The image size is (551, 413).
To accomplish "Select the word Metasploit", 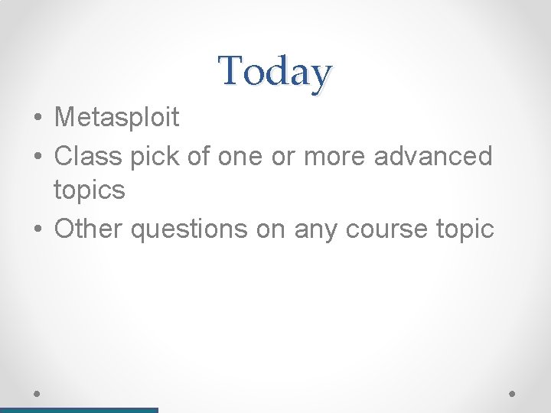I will tap(117, 117).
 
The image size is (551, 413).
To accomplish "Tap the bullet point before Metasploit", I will tap(37, 118).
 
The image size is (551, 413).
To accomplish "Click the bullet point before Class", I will tap(37, 157).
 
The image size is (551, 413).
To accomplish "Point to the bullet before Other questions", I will tap(37, 229).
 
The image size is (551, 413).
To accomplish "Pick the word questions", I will tap(188, 229).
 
